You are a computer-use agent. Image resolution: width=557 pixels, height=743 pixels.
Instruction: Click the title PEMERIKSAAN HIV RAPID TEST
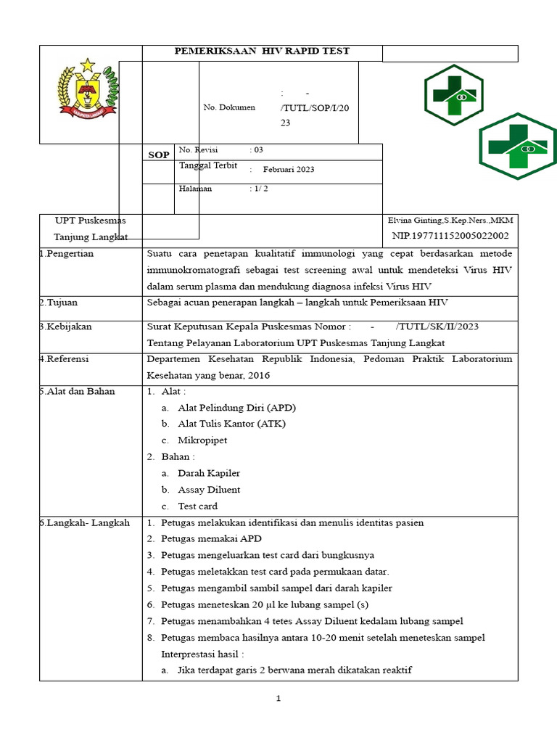(263, 52)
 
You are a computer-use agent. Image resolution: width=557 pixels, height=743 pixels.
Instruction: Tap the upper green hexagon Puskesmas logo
(454, 95)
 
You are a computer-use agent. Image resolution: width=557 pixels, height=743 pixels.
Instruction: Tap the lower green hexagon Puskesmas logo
(518, 147)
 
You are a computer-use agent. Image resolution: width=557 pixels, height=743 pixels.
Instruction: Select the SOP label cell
(158, 155)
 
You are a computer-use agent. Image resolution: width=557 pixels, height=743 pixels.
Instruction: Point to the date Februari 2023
(289, 170)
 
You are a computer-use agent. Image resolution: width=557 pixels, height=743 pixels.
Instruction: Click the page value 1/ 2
(259, 189)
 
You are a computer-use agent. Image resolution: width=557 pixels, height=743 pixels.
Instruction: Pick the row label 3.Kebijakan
(66, 327)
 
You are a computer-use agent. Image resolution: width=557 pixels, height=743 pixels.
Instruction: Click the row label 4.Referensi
(64, 358)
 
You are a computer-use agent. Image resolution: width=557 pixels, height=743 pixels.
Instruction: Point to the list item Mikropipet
(202, 440)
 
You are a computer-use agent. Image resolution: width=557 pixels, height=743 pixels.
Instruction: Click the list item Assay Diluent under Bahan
(209, 490)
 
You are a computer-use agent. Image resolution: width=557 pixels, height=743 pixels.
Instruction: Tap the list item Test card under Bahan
(197, 506)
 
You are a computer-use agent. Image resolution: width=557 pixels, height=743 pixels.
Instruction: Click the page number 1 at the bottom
(278, 699)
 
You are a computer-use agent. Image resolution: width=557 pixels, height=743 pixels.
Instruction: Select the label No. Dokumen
(229, 107)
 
